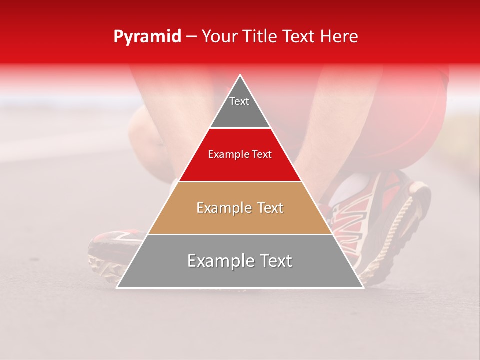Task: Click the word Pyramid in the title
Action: coord(147,37)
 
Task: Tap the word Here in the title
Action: coord(340,37)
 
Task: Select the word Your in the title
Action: coord(219,37)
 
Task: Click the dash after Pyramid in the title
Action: coord(191,37)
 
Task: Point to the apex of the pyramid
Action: coord(240,76)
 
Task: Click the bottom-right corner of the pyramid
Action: coord(362,287)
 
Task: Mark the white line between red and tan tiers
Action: coord(240,181)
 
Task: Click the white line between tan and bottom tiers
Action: coord(240,234)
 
